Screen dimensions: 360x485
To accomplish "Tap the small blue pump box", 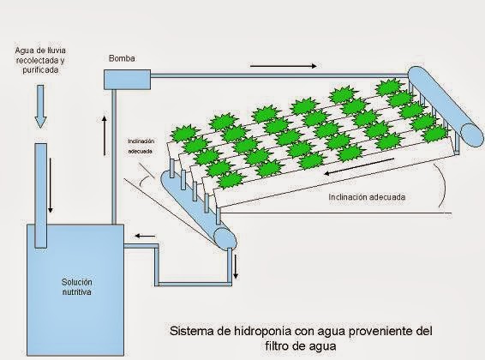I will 123,80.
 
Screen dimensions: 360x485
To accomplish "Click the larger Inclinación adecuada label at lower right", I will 368,197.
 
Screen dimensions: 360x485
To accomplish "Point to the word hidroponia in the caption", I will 258,330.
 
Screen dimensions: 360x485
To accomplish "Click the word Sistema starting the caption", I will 192,330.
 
